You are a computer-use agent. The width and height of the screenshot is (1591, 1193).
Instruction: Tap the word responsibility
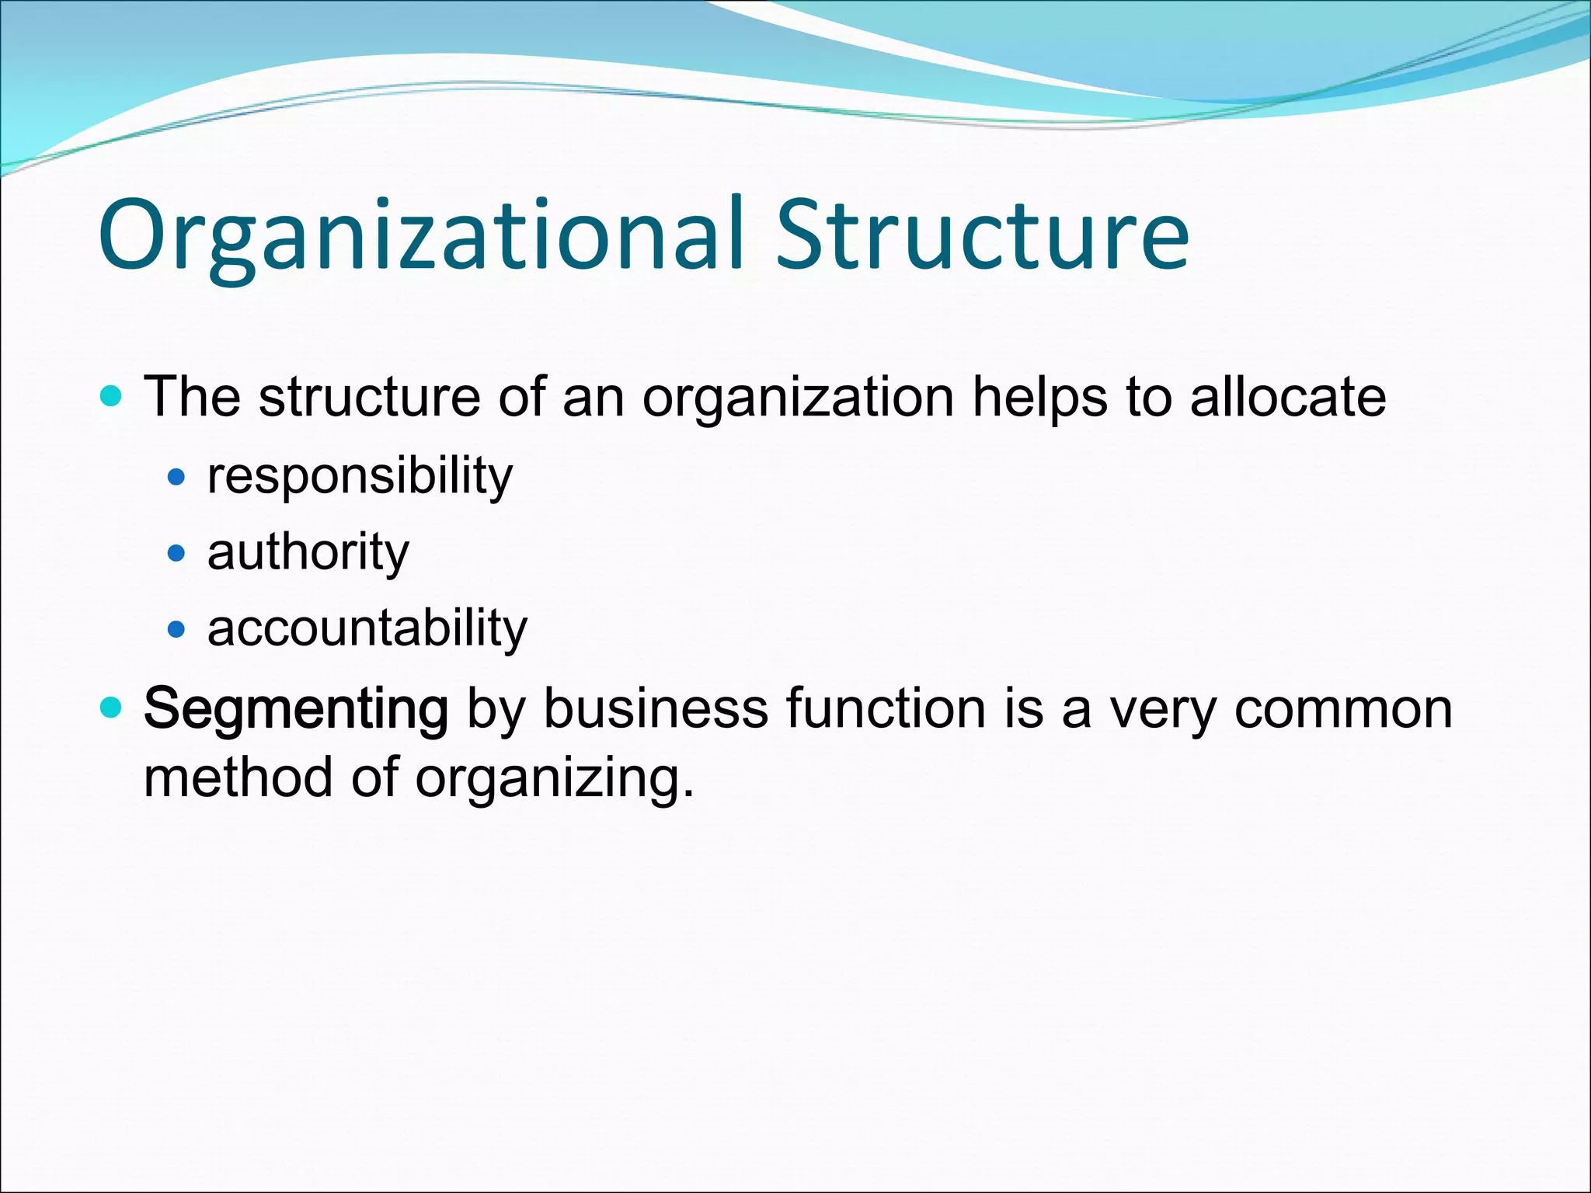360,475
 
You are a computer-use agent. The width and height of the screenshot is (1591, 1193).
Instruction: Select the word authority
308,552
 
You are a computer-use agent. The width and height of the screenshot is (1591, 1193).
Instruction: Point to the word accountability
367,628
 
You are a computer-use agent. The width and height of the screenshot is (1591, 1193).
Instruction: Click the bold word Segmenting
296,709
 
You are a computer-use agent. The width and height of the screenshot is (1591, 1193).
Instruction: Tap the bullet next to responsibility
177,477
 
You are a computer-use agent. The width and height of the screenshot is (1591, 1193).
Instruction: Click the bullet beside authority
177,553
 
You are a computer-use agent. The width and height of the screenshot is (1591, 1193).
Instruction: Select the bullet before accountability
177,628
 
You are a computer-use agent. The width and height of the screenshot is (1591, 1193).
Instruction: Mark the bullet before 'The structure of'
112,397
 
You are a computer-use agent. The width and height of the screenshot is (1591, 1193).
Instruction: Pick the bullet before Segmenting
112,708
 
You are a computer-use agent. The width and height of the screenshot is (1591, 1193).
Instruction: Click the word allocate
1287,397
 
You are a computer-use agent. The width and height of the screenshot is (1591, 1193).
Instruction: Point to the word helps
1039,398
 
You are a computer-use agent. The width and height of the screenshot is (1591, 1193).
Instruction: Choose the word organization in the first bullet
798,398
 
